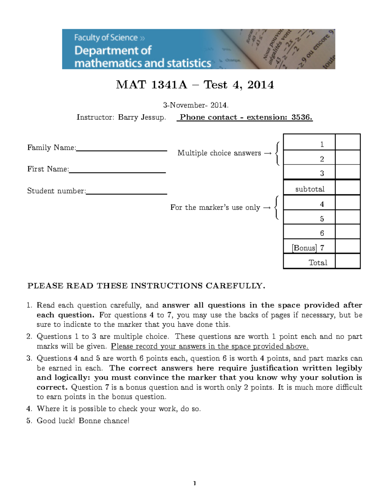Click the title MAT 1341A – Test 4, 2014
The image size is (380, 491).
coord(194,85)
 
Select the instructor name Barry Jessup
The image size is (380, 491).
coord(142,117)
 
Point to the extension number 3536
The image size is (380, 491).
coord(301,117)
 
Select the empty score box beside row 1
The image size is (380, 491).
coord(347,142)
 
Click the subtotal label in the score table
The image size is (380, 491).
coord(309,189)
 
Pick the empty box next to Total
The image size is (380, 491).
coord(347,261)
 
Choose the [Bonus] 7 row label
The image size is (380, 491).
coord(308,248)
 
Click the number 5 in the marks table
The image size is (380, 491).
coord(322,219)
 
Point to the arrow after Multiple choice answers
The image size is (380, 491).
coord(268,153)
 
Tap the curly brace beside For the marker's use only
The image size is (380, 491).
coord(277,207)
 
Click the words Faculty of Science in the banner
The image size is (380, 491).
coord(105,38)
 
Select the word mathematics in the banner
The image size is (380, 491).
coord(110,63)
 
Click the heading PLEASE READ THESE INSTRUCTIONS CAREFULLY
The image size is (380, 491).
coord(146,286)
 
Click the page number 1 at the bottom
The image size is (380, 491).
coord(194,483)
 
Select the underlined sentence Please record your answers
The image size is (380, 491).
coord(209,347)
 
